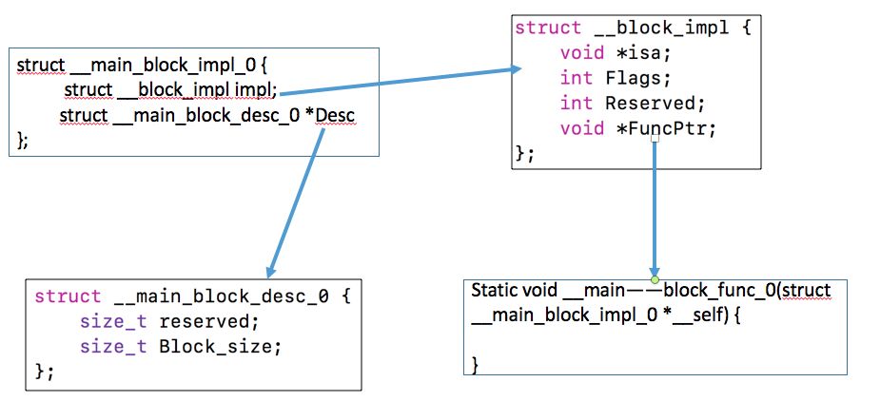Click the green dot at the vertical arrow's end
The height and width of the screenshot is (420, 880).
655,279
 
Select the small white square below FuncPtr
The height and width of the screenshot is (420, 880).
655,140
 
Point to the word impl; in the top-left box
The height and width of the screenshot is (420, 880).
261,90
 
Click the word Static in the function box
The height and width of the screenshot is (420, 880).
493,291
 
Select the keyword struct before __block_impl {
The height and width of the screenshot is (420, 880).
547,28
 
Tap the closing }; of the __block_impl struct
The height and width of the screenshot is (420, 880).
524,152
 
